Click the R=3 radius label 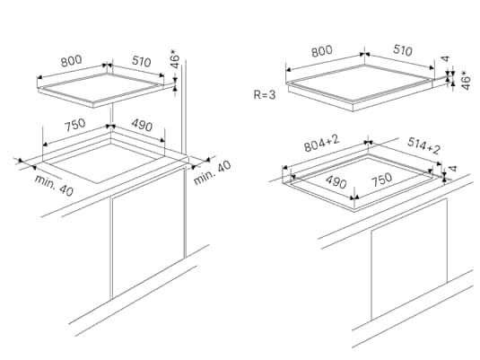click(x=265, y=94)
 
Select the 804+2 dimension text click(x=322, y=144)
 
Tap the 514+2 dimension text click(x=423, y=145)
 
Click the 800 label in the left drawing click(x=71, y=61)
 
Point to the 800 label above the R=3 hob click(x=322, y=51)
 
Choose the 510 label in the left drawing click(x=142, y=61)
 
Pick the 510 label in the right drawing click(x=403, y=50)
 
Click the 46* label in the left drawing click(x=175, y=61)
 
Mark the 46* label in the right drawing click(x=466, y=81)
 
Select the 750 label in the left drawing click(x=75, y=125)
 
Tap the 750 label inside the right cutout click(x=381, y=180)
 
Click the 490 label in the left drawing click(x=142, y=125)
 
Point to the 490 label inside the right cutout click(x=336, y=181)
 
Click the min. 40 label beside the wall click(x=213, y=172)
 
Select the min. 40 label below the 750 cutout click(x=54, y=185)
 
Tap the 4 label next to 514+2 click(x=453, y=168)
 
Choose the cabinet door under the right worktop click(x=409, y=259)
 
